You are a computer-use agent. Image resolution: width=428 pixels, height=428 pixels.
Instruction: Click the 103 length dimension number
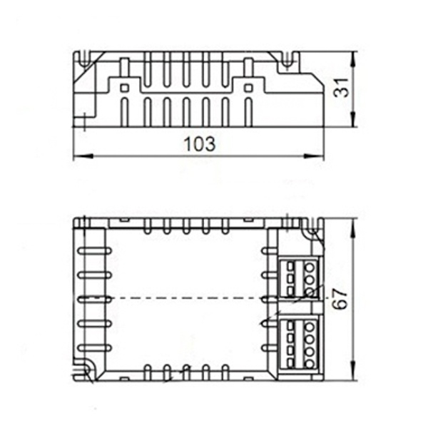tap(200, 144)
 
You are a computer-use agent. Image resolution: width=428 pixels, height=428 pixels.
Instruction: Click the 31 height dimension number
tap(341, 88)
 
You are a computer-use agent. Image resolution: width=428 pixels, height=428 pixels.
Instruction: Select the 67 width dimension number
tap(340, 298)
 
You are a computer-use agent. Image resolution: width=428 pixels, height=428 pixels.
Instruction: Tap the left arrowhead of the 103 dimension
tap(83, 156)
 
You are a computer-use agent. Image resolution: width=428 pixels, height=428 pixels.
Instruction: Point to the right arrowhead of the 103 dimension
tap(314, 156)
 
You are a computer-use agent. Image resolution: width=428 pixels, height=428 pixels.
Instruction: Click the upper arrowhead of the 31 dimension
tap(354, 60)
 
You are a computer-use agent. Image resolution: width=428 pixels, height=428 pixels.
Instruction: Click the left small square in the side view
tap(124, 88)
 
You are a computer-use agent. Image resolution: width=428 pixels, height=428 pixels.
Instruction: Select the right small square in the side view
tap(248, 88)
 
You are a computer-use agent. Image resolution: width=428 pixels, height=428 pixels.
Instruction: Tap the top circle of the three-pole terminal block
tap(310, 267)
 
